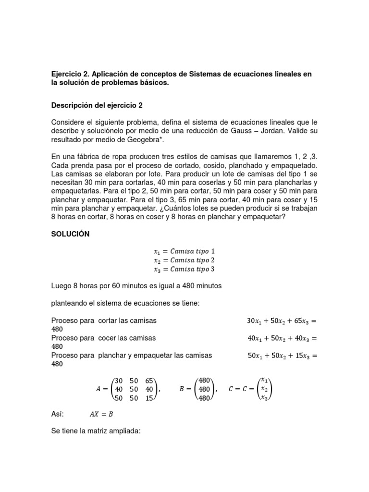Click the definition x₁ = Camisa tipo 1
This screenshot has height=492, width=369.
point(184,251)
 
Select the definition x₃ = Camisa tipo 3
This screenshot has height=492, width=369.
point(184,269)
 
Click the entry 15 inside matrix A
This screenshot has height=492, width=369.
point(148,398)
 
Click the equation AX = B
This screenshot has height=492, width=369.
point(101,414)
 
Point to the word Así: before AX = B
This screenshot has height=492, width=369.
point(57,414)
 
